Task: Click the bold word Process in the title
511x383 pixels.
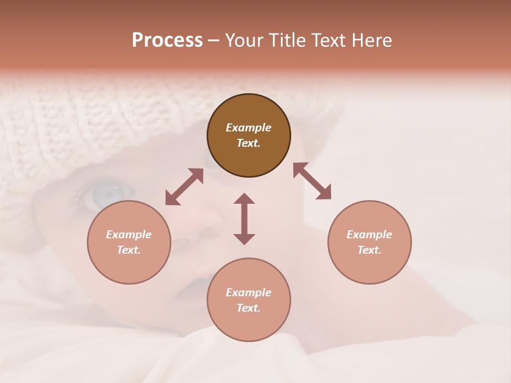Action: [167, 40]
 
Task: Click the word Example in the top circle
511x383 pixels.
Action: [249, 128]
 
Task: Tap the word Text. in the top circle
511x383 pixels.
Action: [249, 143]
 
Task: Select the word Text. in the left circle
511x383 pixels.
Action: [129, 250]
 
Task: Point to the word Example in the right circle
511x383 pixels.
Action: [369, 235]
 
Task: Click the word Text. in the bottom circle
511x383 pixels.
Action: [249, 308]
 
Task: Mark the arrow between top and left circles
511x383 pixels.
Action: [184, 187]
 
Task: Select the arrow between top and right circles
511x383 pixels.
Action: [312, 181]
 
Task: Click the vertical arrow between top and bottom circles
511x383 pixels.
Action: [244, 219]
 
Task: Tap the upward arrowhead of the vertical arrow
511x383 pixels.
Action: [244, 198]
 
